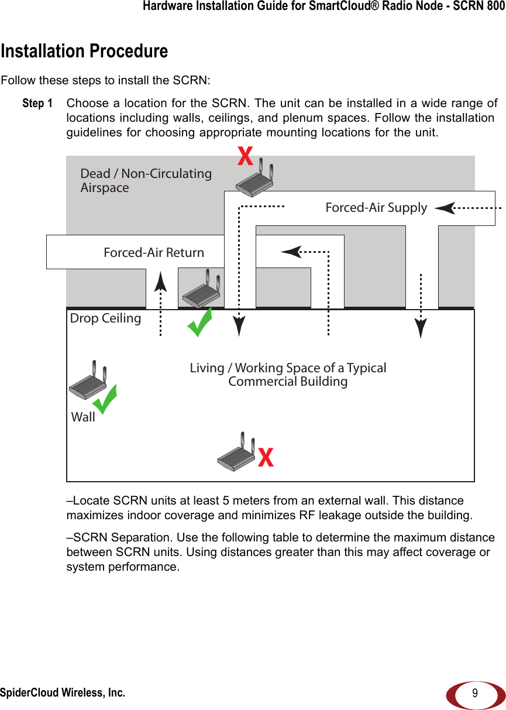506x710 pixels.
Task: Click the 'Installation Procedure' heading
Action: (x=84, y=52)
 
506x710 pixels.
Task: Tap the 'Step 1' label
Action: (x=37, y=104)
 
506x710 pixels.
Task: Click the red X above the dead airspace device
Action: (x=245, y=156)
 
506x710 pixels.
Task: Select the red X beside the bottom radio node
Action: (x=266, y=458)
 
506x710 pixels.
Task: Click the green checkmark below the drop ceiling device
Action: (x=200, y=323)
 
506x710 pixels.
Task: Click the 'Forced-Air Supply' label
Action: (x=376, y=208)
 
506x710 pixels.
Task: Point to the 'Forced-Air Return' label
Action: (x=154, y=253)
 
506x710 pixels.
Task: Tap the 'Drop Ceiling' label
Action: (x=105, y=318)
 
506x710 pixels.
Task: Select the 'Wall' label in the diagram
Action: (x=83, y=417)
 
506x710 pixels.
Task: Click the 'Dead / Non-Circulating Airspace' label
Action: (x=146, y=180)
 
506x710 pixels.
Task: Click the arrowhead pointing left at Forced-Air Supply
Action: (x=445, y=208)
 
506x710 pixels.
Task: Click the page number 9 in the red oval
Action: (x=475, y=694)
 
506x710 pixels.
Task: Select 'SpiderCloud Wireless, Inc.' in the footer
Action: (x=63, y=693)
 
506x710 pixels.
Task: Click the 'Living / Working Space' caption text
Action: (x=288, y=375)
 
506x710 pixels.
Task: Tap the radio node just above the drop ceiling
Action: (x=201, y=289)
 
